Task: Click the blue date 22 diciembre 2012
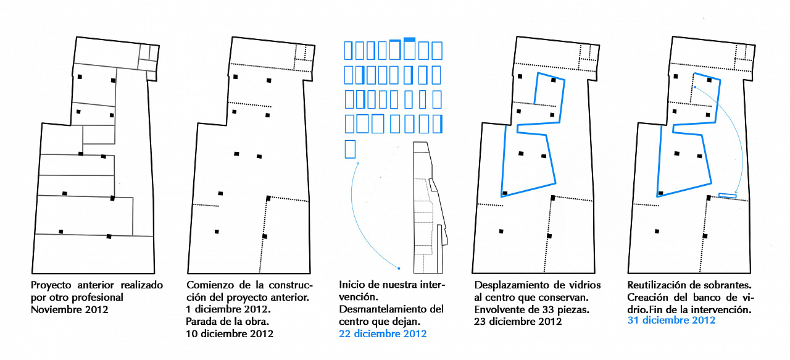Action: point(383,333)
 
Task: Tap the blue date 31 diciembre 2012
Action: point(671,320)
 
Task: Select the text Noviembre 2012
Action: point(70,309)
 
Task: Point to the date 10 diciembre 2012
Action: point(230,333)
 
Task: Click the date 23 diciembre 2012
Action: point(518,322)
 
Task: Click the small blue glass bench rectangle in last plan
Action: point(728,195)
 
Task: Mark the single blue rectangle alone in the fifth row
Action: point(350,149)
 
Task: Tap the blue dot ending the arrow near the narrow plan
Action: point(399,269)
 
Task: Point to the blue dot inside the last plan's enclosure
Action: point(695,87)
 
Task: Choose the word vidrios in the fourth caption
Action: point(583,285)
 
